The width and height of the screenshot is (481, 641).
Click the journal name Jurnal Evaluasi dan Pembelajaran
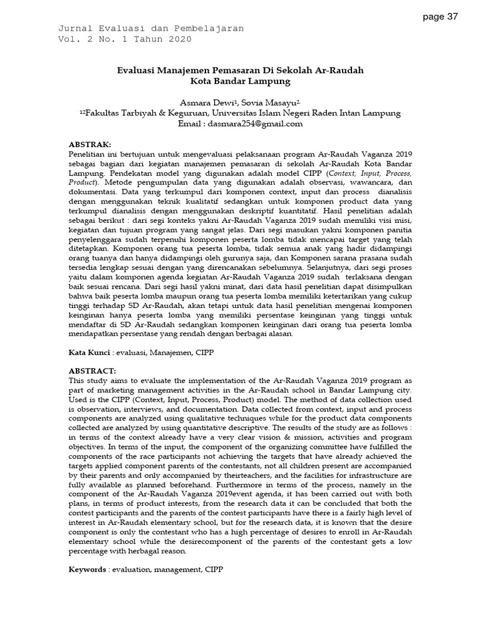pyautogui.click(x=151, y=29)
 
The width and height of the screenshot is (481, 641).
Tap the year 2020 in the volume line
pyautogui.click(x=179, y=39)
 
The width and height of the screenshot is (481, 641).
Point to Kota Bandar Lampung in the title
pyautogui.click(x=241, y=81)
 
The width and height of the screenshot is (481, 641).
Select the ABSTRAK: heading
pyautogui.click(x=90, y=144)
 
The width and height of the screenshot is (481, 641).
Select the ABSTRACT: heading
pyautogui.click(x=92, y=371)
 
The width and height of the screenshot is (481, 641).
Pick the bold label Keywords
pyautogui.click(x=87, y=570)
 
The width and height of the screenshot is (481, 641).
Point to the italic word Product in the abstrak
pyautogui.click(x=83, y=182)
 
